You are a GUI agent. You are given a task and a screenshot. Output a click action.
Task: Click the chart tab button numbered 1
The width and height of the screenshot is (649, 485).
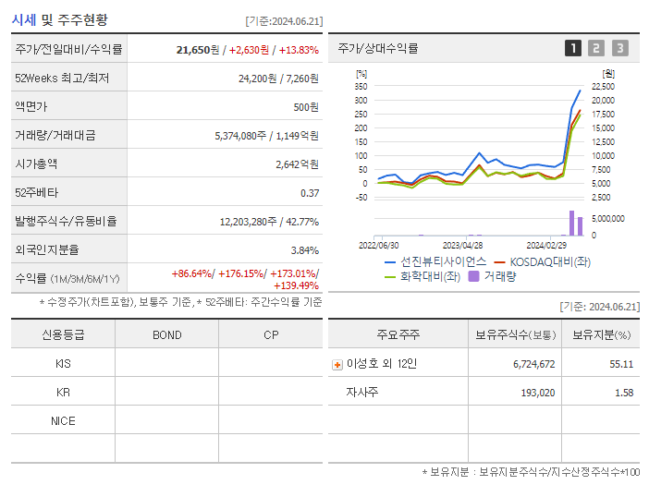[x=573, y=48]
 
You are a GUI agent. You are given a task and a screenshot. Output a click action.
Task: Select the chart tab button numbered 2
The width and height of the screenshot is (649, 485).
[x=596, y=48]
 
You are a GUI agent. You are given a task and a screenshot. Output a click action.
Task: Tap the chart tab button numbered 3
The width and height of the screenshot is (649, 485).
[x=619, y=48]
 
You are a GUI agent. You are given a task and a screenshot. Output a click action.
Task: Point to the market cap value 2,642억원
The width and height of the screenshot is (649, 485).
[x=297, y=164]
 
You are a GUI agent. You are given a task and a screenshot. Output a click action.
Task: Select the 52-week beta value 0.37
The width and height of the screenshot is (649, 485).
[x=309, y=193]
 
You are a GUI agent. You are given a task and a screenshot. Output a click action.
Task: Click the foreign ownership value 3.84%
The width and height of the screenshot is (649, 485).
[x=304, y=250]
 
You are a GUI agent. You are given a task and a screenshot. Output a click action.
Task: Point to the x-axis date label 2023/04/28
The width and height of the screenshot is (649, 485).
[x=462, y=246]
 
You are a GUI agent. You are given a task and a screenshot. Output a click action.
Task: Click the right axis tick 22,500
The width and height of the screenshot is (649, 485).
[x=603, y=86]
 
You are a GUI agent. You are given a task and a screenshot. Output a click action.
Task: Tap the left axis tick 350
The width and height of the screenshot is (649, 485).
[x=361, y=86]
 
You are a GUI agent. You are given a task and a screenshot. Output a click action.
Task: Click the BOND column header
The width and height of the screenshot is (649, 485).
[x=166, y=334]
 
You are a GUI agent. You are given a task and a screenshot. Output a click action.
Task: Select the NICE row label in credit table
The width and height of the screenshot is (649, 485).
[x=63, y=420]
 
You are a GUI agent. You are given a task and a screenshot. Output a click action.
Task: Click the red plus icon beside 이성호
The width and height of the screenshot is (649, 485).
[x=337, y=364]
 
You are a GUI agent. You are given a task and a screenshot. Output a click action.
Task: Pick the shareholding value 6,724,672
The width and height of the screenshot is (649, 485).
[x=533, y=364]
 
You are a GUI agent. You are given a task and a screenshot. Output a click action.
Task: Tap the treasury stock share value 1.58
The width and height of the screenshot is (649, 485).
[x=623, y=393]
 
